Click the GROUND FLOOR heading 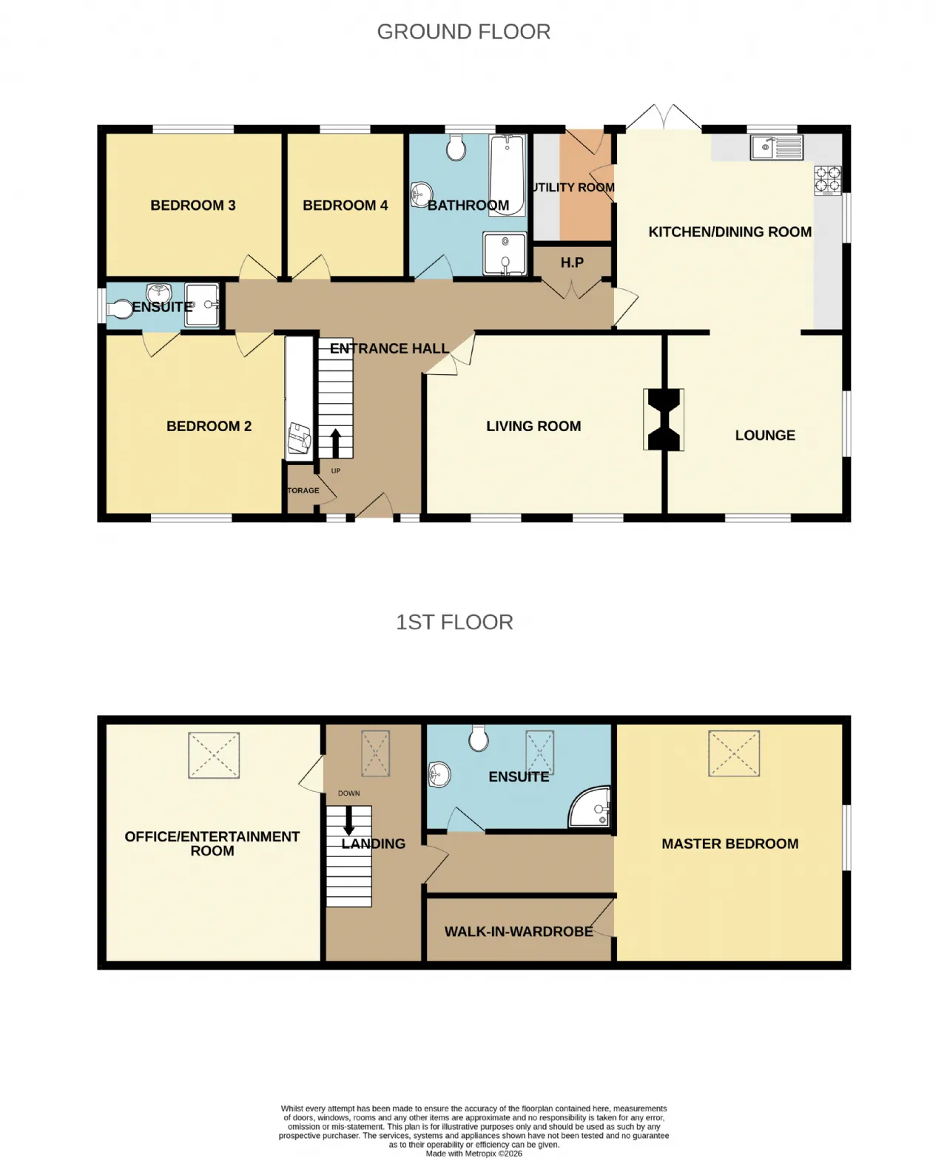click(x=463, y=32)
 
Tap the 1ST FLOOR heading click(x=454, y=622)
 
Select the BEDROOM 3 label click(x=193, y=206)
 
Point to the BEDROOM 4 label click(x=345, y=206)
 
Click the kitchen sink click(x=776, y=147)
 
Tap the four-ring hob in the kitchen click(x=828, y=180)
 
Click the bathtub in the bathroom click(x=507, y=175)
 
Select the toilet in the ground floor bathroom click(x=456, y=147)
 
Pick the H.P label click(x=572, y=263)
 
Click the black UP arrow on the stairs click(x=335, y=443)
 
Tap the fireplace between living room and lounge click(x=664, y=419)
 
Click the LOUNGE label click(x=765, y=435)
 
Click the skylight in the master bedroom click(x=734, y=753)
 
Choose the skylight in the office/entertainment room click(x=214, y=754)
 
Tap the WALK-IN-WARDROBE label click(x=519, y=931)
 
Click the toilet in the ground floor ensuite click(x=121, y=309)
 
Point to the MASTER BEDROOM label click(x=730, y=844)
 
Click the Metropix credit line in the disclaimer click(x=473, y=1153)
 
